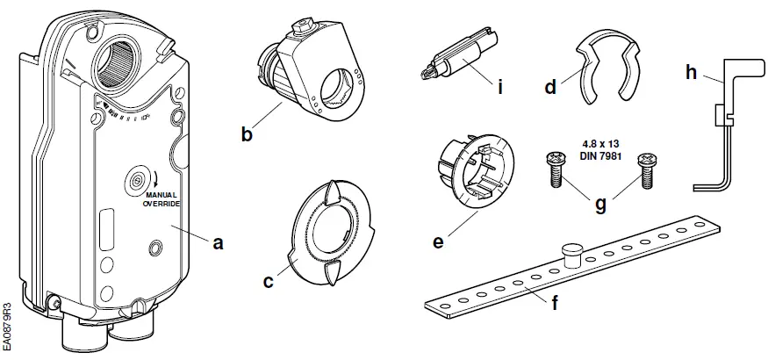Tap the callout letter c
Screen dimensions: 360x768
(x=269, y=282)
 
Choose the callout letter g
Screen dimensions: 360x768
(x=601, y=204)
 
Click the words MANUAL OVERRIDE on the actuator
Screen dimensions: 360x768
(x=161, y=199)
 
